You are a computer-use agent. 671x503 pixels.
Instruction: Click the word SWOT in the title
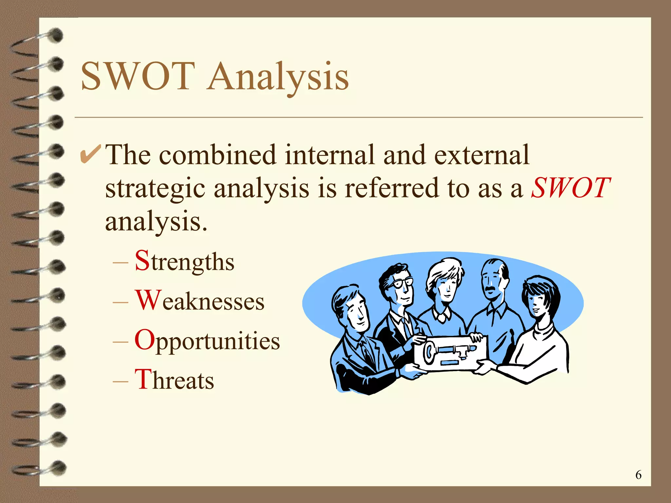click(138, 76)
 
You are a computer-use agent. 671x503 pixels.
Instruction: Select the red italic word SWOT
click(570, 188)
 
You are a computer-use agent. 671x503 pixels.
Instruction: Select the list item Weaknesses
click(200, 301)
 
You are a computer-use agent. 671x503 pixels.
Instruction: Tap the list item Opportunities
click(207, 341)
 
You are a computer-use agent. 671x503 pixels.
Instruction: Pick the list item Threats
click(174, 380)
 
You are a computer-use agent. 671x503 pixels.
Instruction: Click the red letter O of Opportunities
click(144, 340)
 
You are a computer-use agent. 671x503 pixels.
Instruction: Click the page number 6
click(638, 475)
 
